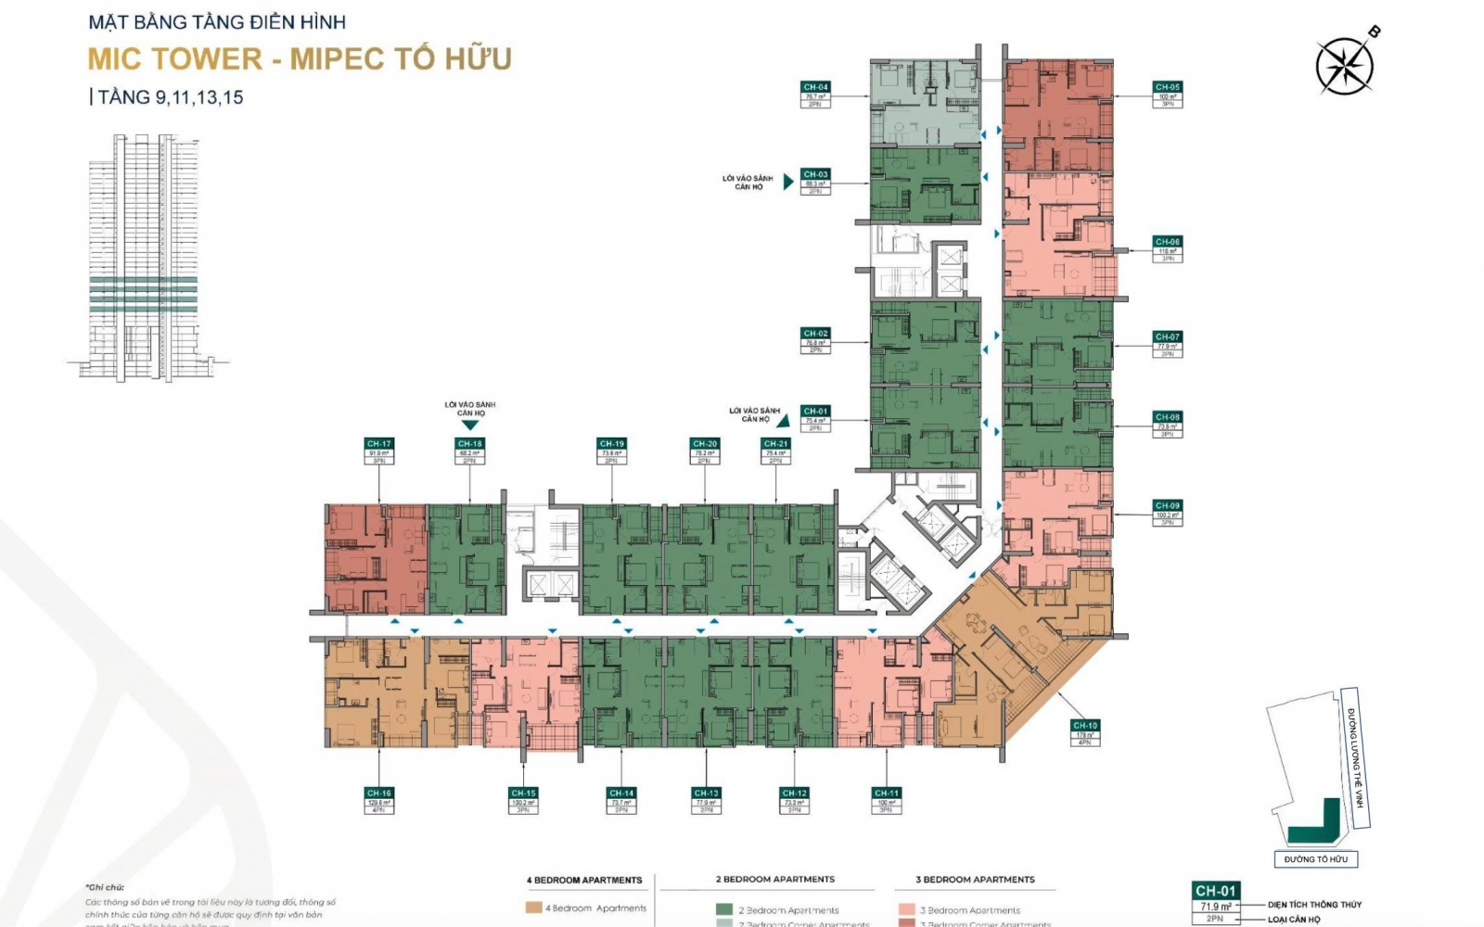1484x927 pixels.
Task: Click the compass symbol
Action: click(1345, 65)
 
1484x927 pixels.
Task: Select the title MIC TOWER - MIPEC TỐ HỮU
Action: click(300, 58)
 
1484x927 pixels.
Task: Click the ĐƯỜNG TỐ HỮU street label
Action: click(1316, 859)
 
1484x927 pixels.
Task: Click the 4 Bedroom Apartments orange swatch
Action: click(533, 908)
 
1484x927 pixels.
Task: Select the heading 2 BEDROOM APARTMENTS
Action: click(774, 879)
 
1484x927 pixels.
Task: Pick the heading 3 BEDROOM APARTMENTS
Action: click(975, 879)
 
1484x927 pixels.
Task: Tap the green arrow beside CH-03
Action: click(788, 182)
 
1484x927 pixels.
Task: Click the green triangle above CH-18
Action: click(470, 425)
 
